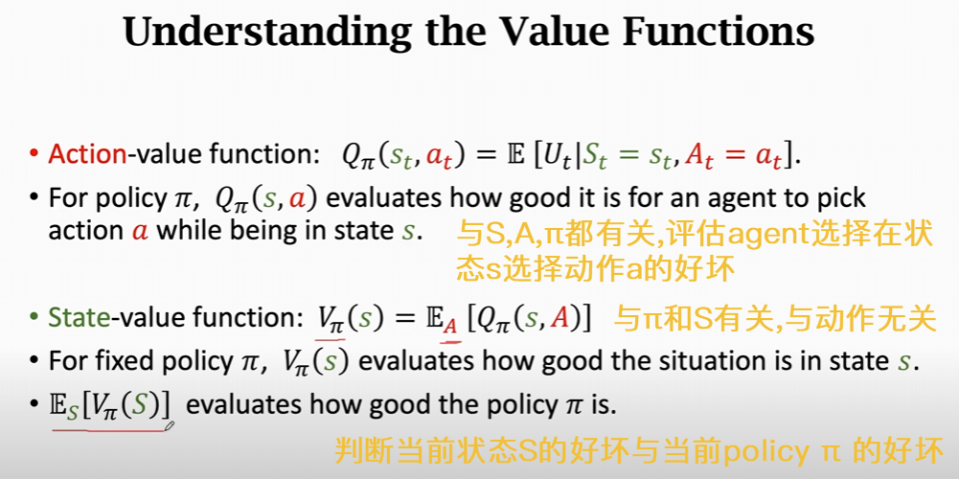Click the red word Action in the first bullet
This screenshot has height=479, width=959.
coord(87,155)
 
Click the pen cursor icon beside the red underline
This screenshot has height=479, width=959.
coord(170,424)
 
